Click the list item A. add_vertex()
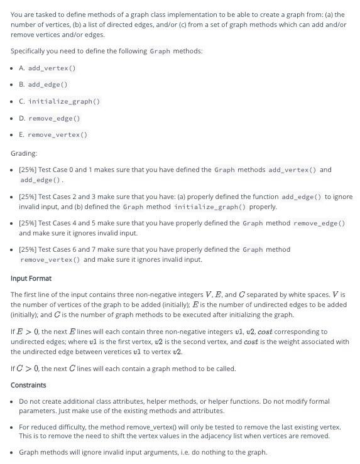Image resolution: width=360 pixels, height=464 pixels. click(52, 68)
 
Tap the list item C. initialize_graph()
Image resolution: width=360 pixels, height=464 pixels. click(60, 101)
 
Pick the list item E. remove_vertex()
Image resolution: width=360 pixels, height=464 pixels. click(53, 134)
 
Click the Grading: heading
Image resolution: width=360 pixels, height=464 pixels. click(24, 153)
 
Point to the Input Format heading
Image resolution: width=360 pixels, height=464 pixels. click(31, 278)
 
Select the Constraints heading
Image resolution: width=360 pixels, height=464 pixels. click(28, 385)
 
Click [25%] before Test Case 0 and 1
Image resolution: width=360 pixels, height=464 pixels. click(28, 170)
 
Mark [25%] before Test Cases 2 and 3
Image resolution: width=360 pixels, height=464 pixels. click(28, 197)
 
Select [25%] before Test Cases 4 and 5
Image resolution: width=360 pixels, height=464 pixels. click(28, 223)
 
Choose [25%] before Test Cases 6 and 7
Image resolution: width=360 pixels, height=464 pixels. click(28, 249)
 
